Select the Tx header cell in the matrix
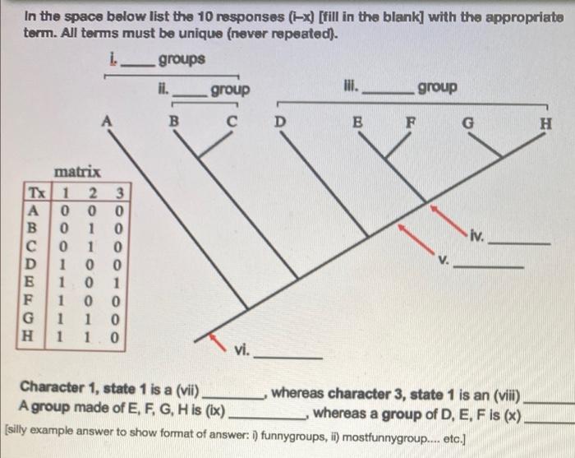38,193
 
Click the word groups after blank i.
182,60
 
